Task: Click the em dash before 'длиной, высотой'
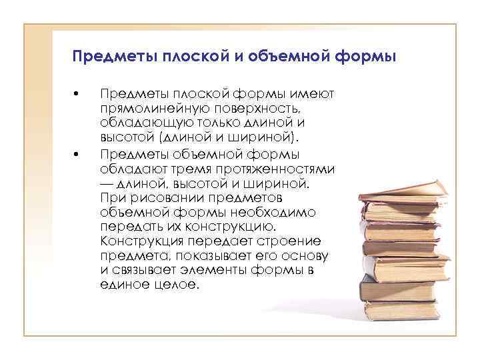tap(107, 183)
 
